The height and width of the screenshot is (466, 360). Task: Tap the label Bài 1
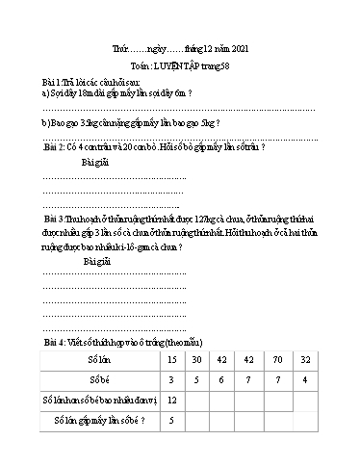click(39, 84)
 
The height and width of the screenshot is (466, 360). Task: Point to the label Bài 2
click(41, 148)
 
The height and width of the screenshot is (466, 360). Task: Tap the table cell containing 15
click(171, 359)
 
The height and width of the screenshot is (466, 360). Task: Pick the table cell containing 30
click(197, 359)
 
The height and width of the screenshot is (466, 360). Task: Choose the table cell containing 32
click(305, 359)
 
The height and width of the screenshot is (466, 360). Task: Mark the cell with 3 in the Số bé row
click(171, 379)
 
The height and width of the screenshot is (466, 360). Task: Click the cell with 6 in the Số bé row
click(224, 379)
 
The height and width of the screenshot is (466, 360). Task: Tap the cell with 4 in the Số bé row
click(305, 379)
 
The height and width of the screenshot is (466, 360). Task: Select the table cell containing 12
click(171, 400)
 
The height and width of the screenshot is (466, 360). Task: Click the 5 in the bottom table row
click(171, 420)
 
